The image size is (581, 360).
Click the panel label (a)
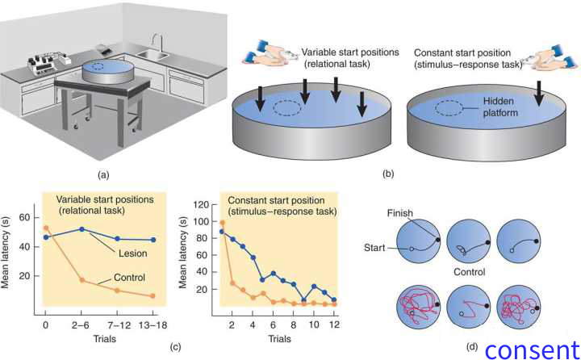[102, 173]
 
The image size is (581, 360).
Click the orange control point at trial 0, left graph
[45, 228]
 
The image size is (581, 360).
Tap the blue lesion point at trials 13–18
[153, 240]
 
